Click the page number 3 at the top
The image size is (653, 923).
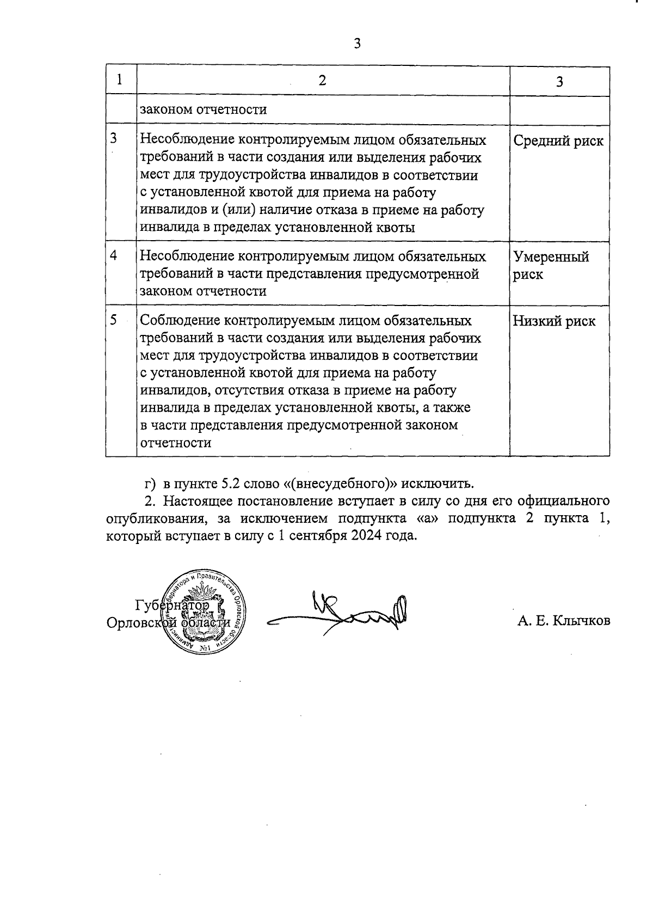pos(357,44)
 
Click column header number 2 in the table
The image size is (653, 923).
pos(322,81)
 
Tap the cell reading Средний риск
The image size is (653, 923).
pos(558,141)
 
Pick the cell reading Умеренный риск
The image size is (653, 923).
pos(551,265)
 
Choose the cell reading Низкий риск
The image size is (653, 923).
pos(554,321)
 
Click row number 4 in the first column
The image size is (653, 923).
pos(113,255)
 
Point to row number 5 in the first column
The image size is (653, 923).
pos(113,320)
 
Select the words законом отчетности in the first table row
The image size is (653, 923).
pos(203,109)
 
